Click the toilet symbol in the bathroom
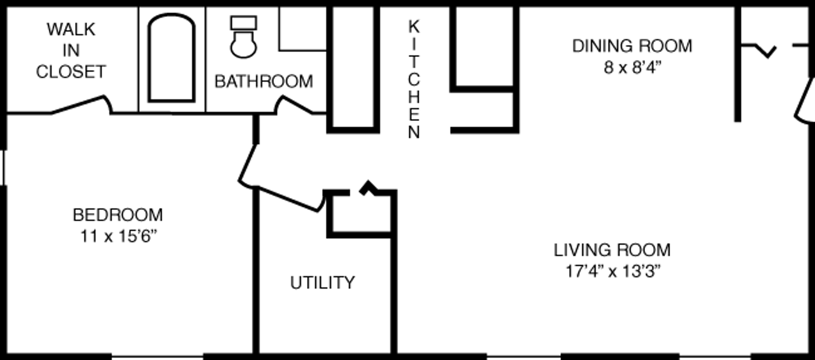pos(243,42)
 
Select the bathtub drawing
pos(171,58)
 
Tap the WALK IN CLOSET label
pos(71,51)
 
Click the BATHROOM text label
pos(264,82)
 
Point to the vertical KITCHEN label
pos(414,79)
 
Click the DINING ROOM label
pos(632,46)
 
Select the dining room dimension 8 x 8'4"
pos(632,67)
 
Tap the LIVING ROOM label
pos(612,250)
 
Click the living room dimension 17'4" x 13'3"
pos(613,271)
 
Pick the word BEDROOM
pos(118,215)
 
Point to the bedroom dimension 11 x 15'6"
pos(118,236)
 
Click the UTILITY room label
pos(323,283)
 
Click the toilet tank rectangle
pos(243,23)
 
